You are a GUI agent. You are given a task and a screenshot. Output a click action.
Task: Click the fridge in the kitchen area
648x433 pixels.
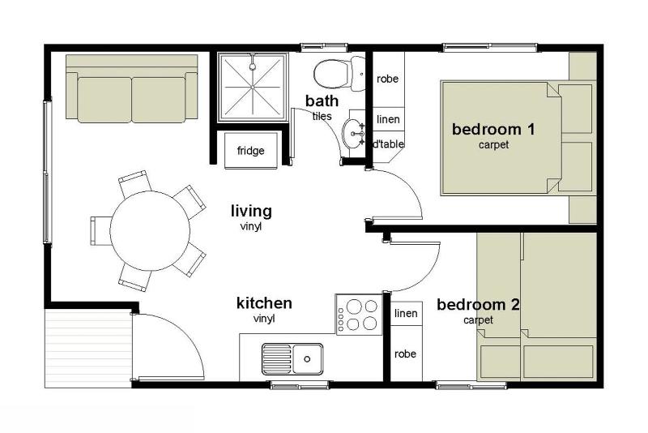[x=250, y=150]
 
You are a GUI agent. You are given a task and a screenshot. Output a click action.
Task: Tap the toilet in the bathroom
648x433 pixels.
[x=339, y=74]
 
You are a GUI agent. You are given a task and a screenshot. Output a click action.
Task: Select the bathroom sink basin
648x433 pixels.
[x=353, y=133]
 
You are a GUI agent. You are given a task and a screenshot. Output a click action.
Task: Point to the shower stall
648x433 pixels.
[x=253, y=88]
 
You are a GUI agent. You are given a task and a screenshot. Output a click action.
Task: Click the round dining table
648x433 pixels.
[x=150, y=231]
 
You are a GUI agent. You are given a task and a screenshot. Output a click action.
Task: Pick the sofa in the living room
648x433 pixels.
[x=131, y=89]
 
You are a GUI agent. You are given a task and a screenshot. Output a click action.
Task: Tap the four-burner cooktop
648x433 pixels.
[x=358, y=315]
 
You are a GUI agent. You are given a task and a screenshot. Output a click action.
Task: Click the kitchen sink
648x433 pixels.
[x=292, y=358]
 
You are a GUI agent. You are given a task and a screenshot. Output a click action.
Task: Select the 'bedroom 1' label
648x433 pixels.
[x=493, y=129]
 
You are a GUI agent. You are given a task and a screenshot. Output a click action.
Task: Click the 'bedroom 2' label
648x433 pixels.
[x=478, y=305]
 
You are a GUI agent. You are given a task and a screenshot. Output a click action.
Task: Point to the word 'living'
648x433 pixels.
[x=251, y=212]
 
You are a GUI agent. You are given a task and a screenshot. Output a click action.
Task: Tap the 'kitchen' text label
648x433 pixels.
[x=264, y=303]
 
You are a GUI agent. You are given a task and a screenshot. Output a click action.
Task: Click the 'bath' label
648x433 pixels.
[x=322, y=101]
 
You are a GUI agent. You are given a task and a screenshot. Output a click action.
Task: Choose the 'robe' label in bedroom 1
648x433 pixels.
[x=388, y=79]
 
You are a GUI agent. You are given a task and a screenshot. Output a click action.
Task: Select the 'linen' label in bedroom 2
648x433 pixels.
[x=406, y=313]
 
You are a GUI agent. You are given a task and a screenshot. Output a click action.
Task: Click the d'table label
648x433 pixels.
[x=389, y=144]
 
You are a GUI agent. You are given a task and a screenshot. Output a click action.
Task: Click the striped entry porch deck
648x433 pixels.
[x=88, y=348]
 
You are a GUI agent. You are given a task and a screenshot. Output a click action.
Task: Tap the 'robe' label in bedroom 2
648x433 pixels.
[x=405, y=354]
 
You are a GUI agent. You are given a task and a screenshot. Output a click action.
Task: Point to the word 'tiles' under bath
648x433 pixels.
[x=322, y=116]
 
